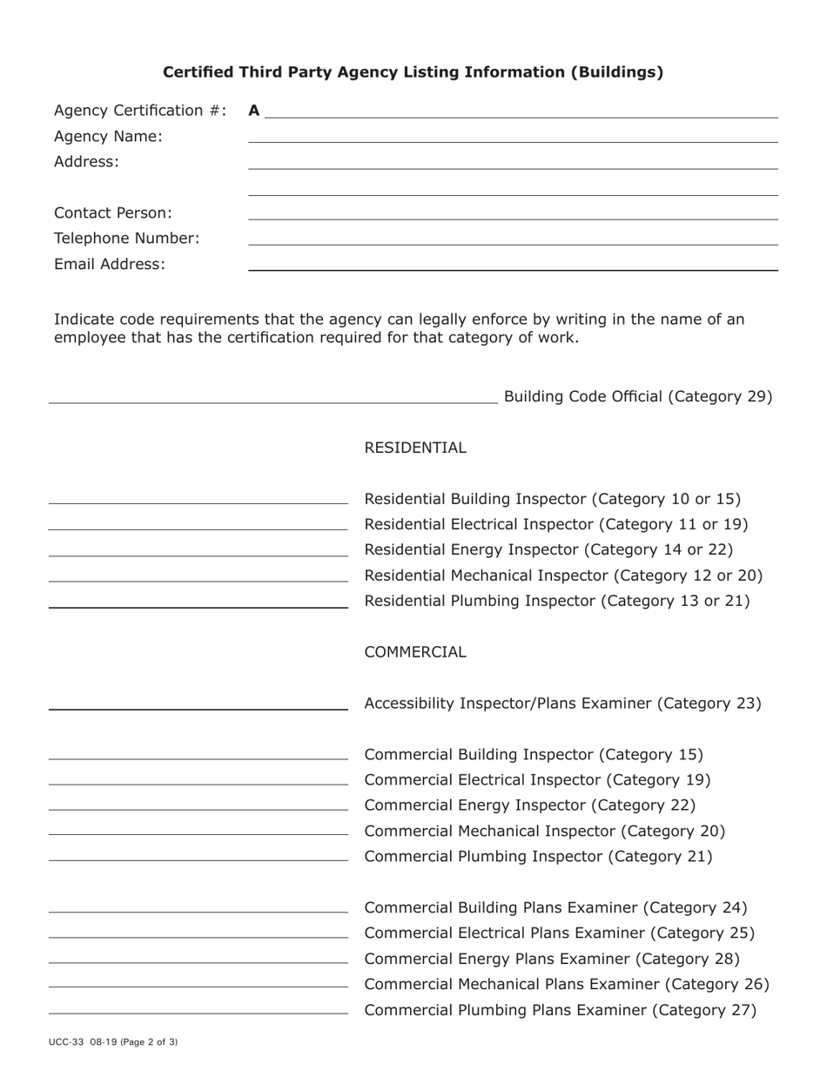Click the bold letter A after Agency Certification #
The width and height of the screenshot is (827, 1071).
pos(254,111)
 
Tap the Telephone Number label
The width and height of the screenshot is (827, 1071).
pos(127,239)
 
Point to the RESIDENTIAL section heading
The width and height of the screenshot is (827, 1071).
pos(415,448)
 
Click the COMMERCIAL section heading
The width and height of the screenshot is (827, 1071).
pos(415,652)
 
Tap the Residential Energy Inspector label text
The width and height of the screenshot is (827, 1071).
pos(548,549)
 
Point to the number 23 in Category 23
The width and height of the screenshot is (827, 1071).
pos(748,704)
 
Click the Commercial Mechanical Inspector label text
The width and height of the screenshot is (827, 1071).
pos(544,832)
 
